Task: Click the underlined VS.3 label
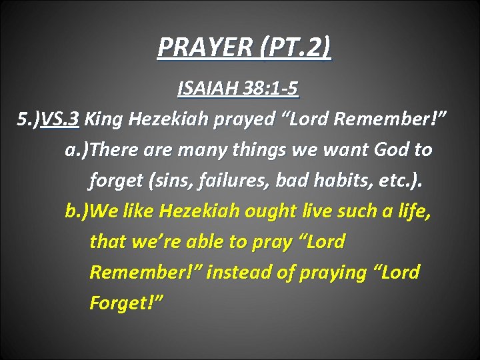(x=60, y=119)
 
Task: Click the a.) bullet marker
(x=77, y=150)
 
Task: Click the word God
(x=377, y=150)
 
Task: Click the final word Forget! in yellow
(x=126, y=303)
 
